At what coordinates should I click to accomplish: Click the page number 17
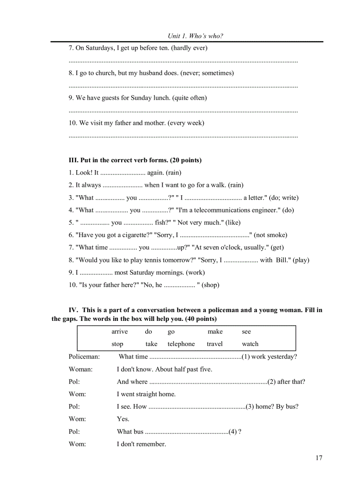(x=319, y=458)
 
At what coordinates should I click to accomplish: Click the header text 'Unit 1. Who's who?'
(x=195, y=36)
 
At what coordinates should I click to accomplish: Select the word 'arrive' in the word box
(x=120, y=331)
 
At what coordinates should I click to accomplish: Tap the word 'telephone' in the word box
(x=181, y=344)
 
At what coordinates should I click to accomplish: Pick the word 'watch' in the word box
(x=250, y=344)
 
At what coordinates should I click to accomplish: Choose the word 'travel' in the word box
(x=215, y=344)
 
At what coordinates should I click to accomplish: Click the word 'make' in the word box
(x=215, y=331)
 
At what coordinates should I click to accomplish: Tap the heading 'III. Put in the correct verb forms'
(x=135, y=160)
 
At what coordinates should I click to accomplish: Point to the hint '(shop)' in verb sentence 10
(x=210, y=285)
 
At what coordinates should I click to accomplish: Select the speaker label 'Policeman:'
(x=84, y=357)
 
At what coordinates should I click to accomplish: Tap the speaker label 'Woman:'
(x=81, y=369)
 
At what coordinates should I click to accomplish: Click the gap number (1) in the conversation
(x=246, y=357)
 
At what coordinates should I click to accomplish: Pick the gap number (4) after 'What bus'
(x=232, y=432)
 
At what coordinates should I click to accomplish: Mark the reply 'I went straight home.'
(x=146, y=394)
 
